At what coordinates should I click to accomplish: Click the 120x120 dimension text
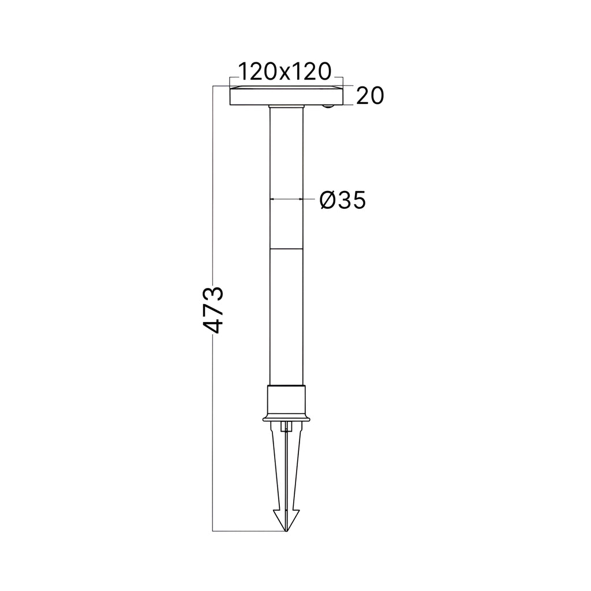coord(285,72)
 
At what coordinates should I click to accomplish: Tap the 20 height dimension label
coord(370,96)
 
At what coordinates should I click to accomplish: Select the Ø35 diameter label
coord(342,200)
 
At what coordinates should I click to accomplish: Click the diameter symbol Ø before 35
coord(328,200)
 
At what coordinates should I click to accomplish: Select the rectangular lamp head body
coord(286,97)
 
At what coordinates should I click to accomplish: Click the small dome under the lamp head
coord(328,107)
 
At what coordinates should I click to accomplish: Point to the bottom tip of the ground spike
coord(286,531)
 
